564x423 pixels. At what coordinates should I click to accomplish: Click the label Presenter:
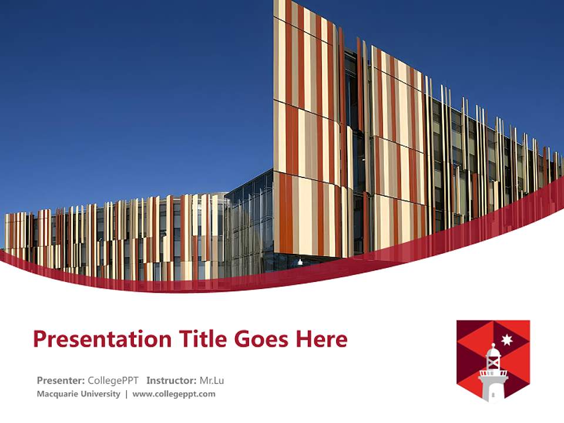(x=61, y=380)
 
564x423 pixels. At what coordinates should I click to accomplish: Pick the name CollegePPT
(x=113, y=380)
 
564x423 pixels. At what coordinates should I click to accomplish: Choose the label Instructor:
(x=171, y=380)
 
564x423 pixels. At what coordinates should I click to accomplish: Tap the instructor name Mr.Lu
(x=211, y=380)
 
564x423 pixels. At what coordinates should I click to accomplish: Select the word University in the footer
(x=101, y=394)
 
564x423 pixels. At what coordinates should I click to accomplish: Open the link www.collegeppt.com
(x=174, y=394)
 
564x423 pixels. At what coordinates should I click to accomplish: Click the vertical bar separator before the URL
(x=126, y=394)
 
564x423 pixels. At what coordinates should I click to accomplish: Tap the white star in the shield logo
(x=507, y=340)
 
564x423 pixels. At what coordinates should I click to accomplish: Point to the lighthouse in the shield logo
(x=493, y=372)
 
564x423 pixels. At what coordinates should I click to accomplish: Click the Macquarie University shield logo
(x=493, y=360)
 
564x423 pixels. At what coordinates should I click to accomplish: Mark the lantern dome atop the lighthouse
(x=493, y=352)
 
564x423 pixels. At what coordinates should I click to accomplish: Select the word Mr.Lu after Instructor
(x=211, y=380)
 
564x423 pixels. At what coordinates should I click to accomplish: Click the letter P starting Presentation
(x=39, y=339)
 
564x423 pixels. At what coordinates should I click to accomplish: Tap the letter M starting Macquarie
(x=40, y=394)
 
